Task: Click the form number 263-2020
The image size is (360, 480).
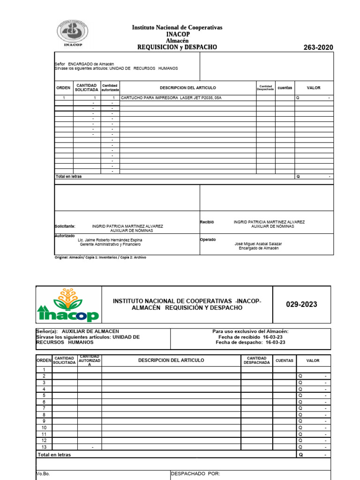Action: [x=318, y=48]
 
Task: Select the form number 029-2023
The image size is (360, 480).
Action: [x=301, y=305]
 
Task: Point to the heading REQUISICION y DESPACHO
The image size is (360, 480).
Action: [x=177, y=47]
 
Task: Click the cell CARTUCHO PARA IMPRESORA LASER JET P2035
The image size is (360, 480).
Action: [x=171, y=98]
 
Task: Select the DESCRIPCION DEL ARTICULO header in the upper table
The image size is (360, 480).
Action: [x=187, y=88]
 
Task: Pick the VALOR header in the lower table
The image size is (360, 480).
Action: [x=313, y=360]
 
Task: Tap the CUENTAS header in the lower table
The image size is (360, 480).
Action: [x=285, y=360]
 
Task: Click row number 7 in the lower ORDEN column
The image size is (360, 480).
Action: [x=44, y=408]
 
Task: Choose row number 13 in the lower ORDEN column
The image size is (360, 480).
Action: [x=44, y=447]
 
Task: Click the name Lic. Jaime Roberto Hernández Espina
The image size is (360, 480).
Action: [x=110, y=240]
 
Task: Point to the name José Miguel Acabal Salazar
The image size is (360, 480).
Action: [x=258, y=244]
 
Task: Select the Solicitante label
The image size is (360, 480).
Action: [x=65, y=226]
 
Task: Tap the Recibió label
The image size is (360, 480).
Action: [x=207, y=222]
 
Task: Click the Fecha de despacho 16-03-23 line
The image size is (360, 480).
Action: [x=250, y=342]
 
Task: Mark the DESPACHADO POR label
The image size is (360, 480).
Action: [x=195, y=474]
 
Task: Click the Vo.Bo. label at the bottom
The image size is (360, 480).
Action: [x=43, y=474]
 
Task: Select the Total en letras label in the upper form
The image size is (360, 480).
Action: [x=68, y=177]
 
